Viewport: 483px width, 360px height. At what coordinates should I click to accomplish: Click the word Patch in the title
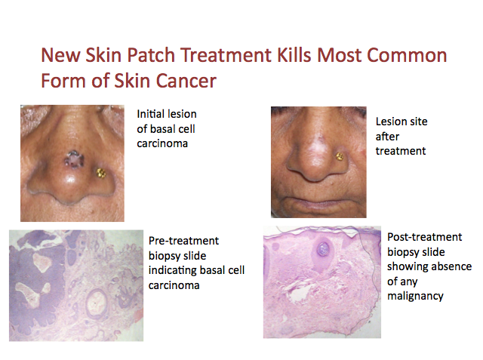(x=151, y=56)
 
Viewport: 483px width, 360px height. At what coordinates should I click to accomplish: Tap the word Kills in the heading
(x=294, y=55)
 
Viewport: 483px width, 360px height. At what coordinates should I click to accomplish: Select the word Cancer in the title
(x=186, y=81)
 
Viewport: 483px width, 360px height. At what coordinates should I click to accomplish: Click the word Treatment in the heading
(x=226, y=55)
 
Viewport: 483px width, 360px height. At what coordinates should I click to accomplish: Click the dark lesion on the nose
(x=74, y=159)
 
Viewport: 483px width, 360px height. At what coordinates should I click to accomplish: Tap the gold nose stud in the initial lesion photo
(x=100, y=173)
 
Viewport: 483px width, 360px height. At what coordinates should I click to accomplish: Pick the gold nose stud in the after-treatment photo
(x=339, y=157)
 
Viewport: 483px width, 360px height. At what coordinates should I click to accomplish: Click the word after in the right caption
(x=387, y=136)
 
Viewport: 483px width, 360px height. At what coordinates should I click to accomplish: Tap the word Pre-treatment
(x=183, y=241)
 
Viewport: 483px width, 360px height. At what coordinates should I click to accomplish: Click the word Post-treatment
(x=424, y=237)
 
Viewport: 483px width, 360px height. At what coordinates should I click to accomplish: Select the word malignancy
(x=415, y=297)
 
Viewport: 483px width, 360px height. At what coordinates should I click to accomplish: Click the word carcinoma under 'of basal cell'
(x=162, y=144)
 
